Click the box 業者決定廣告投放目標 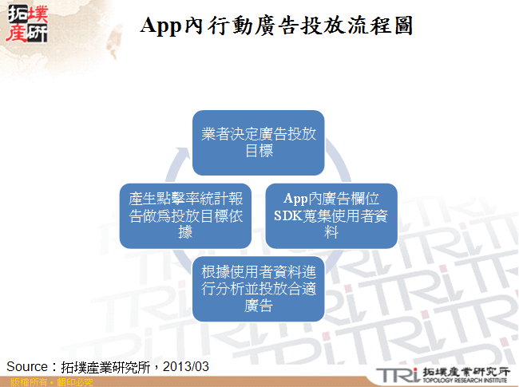(258, 142)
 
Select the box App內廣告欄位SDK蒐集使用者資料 (331, 215)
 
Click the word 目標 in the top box (258, 150)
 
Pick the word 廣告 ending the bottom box (258, 305)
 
